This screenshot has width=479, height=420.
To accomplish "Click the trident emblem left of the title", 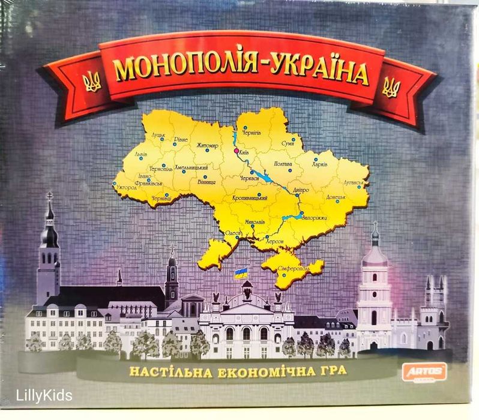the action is [x=92, y=82].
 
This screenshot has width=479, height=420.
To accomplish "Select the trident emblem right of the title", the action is [x=390, y=88].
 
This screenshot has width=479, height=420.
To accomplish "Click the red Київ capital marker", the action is [x=236, y=151].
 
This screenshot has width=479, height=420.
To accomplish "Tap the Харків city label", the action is [x=320, y=164].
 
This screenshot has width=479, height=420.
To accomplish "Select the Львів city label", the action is [x=140, y=154].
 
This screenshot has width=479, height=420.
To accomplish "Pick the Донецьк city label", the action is [x=336, y=197].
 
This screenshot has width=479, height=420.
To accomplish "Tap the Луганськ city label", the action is [x=354, y=182].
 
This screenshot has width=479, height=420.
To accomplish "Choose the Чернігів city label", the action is [x=251, y=131].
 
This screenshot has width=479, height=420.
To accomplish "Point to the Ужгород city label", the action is [x=126, y=188].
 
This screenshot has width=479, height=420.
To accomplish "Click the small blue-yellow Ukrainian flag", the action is [x=240, y=274].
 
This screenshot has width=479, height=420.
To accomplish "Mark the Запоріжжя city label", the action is [x=314, y=217].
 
